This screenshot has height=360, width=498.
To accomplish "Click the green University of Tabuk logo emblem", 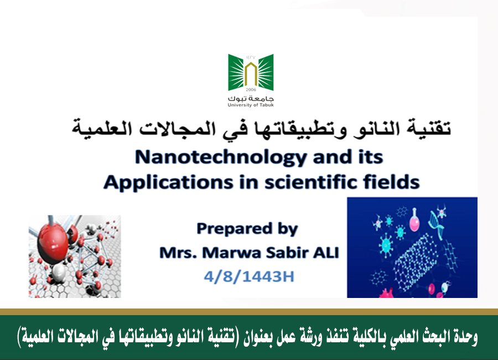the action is tap(251, 73).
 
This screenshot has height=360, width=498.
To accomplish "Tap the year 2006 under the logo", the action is tap(251, 90).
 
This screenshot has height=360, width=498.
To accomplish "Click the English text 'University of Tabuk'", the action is tap(251, 105).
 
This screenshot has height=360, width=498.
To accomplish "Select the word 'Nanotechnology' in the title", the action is tap(220, 158).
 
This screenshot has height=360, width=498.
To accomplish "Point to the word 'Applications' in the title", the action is tap(169, 183).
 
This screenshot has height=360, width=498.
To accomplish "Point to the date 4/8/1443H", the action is tap(249, 276).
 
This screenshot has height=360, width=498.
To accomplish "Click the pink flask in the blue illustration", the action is tap(414, 220).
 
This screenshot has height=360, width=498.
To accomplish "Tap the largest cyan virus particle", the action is tap(386, 245).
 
